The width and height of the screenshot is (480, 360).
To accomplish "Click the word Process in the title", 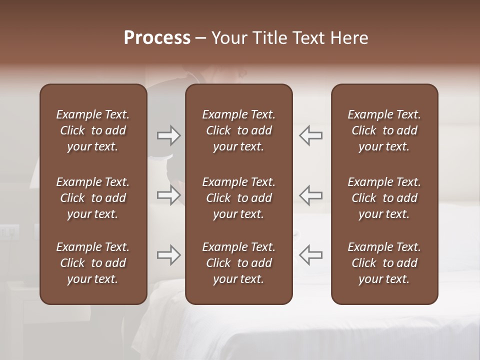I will pyautogui.click(x=157, y=38).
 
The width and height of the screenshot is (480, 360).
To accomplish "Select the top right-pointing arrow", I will pyautogui.click(x=169, y=135).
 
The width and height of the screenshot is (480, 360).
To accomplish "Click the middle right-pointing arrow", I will pyautogui.click(x=169, y=194).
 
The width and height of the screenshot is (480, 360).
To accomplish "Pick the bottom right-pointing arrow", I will pyautogui.click(x=169, y=255).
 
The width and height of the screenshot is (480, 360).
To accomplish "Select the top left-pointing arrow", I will pyautogui.click(x=310, y=135).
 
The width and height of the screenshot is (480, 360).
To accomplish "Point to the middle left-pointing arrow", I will pyautogui.click(x=310, y=194).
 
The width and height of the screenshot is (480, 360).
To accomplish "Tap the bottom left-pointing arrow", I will pyautogui.click(x=310, y=255).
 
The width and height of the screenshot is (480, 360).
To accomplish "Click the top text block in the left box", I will pyautogui.click(x=93, y=130).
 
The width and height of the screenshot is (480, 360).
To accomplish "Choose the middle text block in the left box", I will pyautogui.click(x=93, y=198).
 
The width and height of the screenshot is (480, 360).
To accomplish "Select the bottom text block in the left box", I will pyautogui.click(x=93, y=263).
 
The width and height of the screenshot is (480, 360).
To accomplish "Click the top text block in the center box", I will pyautogui.click(x=238, y=130).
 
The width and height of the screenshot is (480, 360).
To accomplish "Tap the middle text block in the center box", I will pyautogui.click(x=238, y=198).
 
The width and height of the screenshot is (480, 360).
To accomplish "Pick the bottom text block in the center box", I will pyautogui.click(x=238, y=263).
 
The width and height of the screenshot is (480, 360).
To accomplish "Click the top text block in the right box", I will pyautogui.click(x=384, y=130).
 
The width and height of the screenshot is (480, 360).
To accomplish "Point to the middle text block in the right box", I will pyautogui.click(x=384, y=198).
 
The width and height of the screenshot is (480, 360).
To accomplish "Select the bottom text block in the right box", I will pyautogui.click(x=384, y=263).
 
